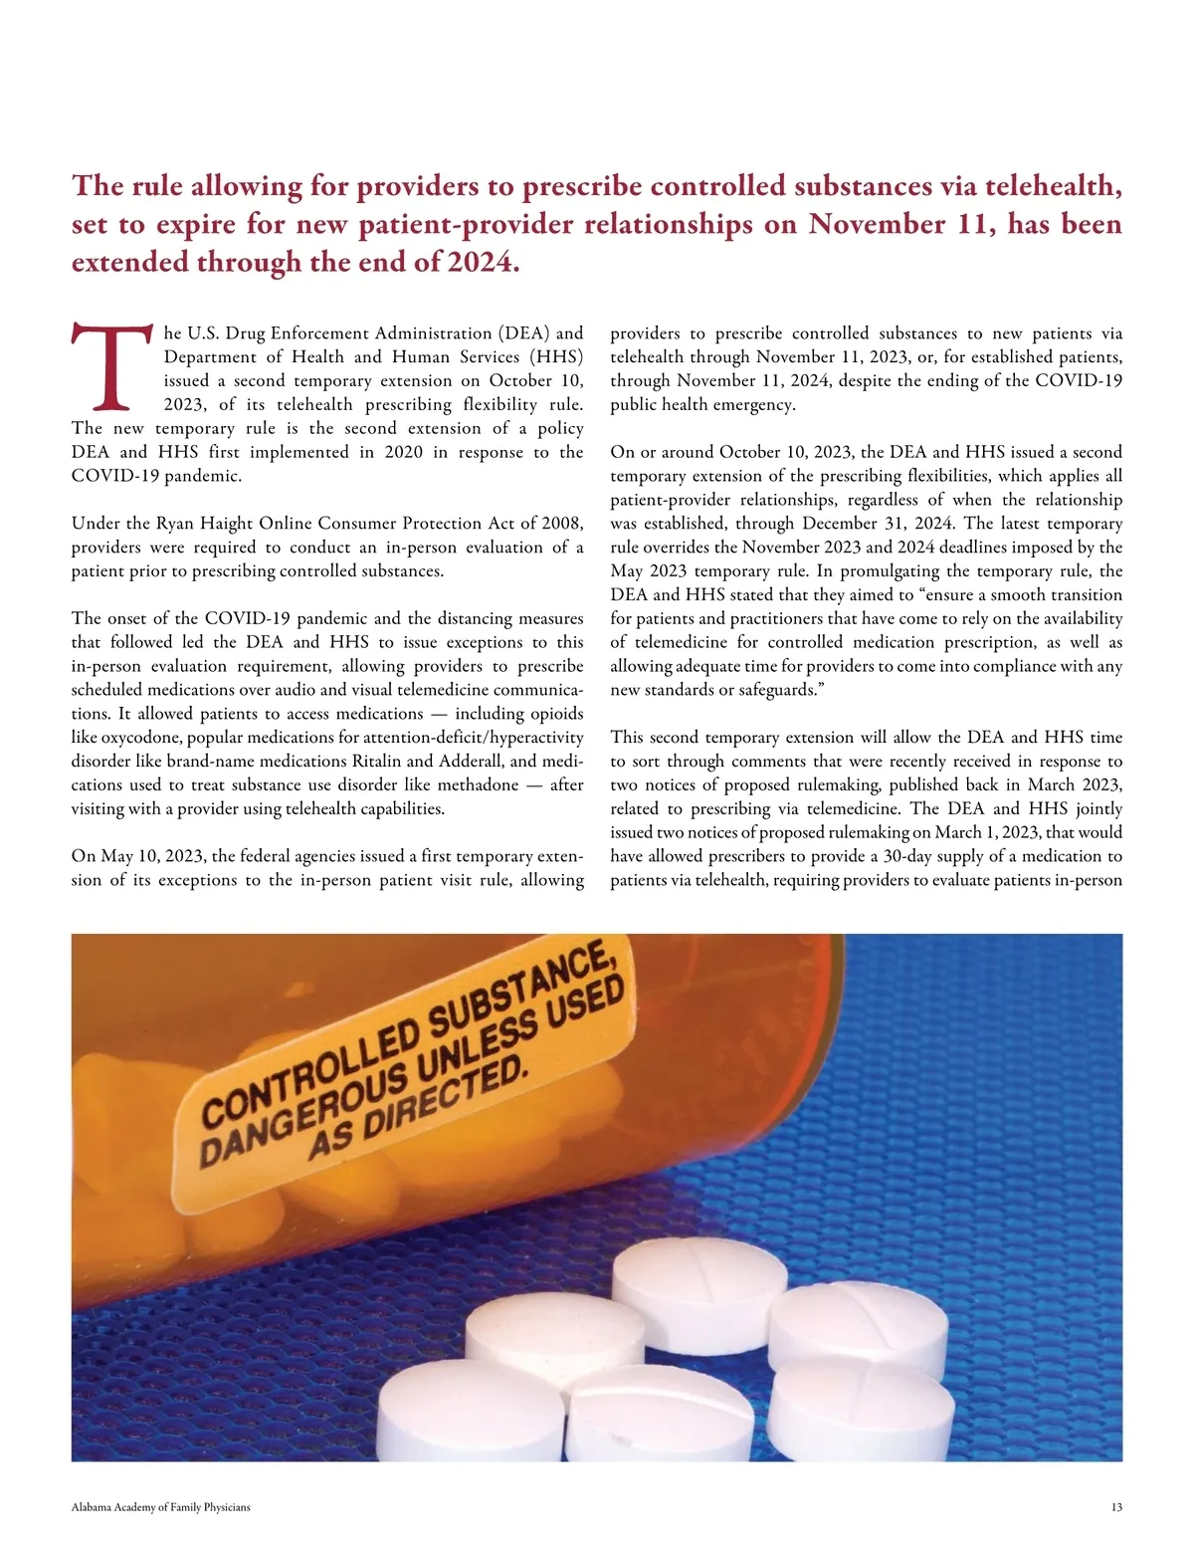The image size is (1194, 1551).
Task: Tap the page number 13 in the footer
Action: click(x=1116, y=1507)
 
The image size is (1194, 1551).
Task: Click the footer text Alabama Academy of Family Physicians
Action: click(x=161, y=1507)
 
